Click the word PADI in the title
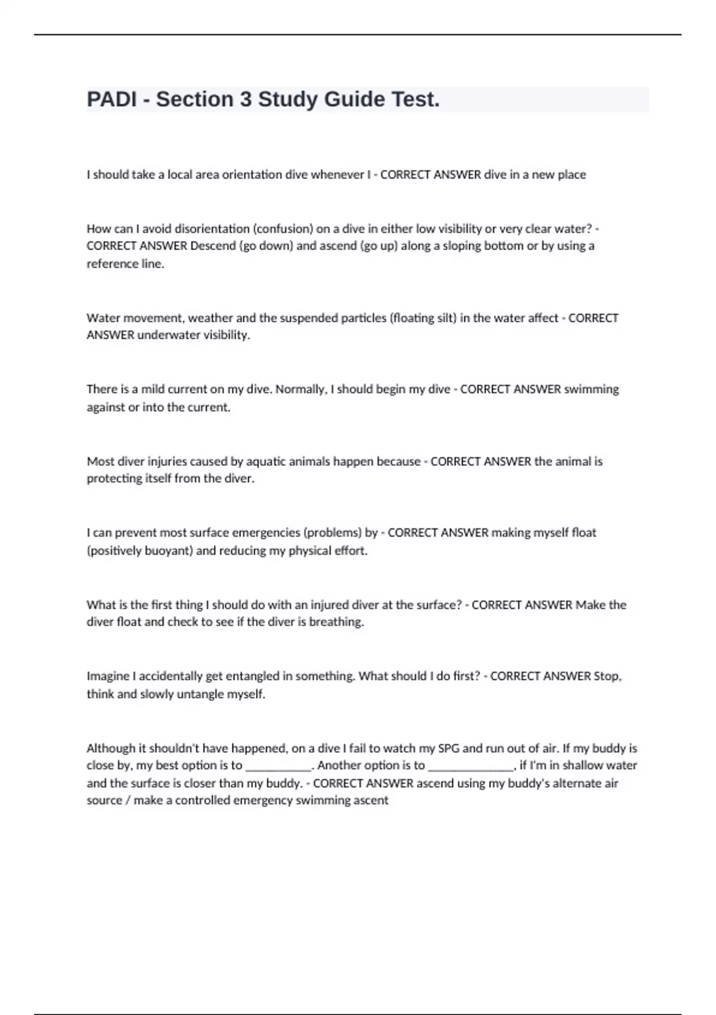(x=112, y=99)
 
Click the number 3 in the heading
(x=245, y=99)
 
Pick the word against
(x=106, y=407)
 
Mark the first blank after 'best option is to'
(x=279, y=766)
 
